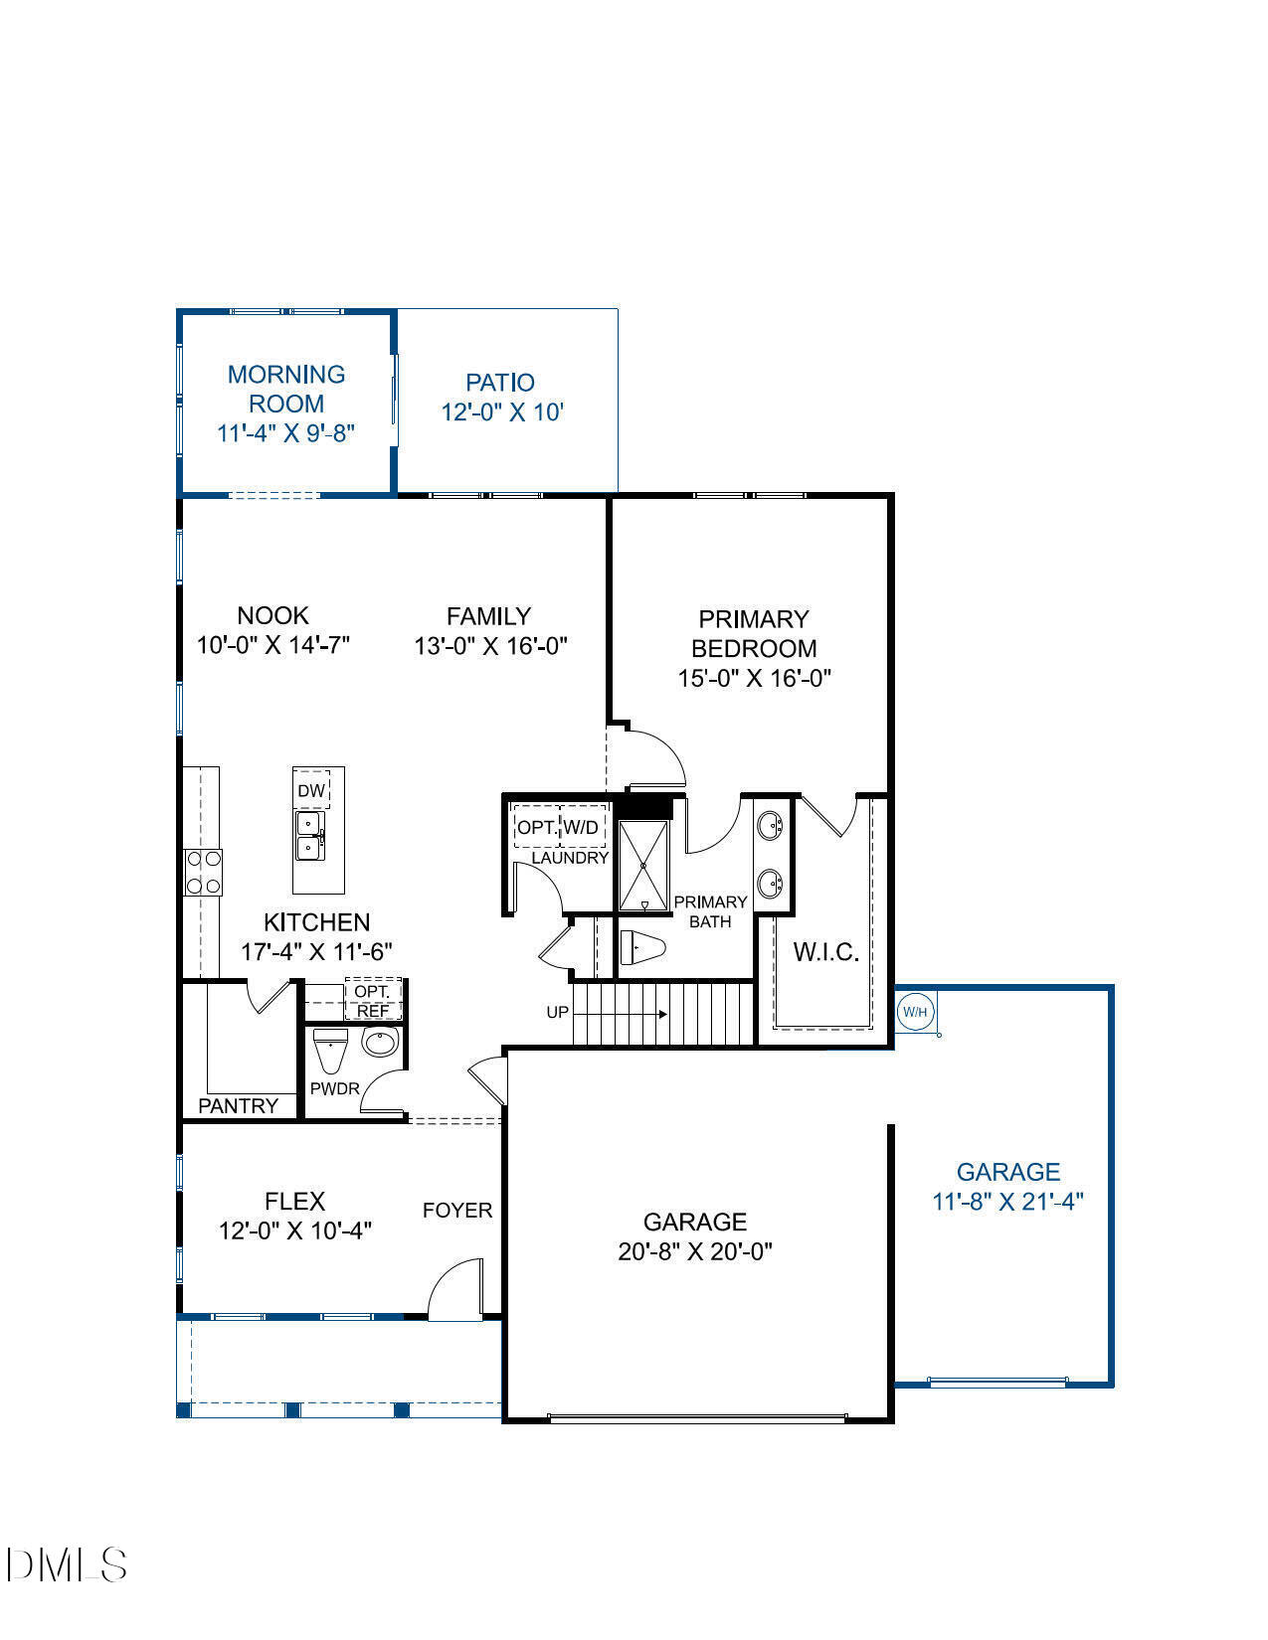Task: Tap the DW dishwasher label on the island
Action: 311,791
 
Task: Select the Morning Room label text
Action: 286,389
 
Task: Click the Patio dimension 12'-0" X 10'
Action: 502,412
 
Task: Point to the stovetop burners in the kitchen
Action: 203,873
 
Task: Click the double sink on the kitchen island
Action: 309,836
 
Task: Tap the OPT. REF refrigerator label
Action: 373,1001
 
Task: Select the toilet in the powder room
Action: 329,1050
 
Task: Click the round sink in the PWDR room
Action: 379,1043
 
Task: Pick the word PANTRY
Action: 238,1106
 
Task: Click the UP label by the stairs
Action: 558,1013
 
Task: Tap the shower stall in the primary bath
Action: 643,865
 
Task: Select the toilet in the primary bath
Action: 641,948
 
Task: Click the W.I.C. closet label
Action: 825,952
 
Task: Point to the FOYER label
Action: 457,1211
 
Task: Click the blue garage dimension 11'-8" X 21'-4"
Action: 1007,1202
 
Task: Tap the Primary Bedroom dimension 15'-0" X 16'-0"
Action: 754,679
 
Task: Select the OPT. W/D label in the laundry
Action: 558,827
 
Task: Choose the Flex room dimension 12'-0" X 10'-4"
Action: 295,1230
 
